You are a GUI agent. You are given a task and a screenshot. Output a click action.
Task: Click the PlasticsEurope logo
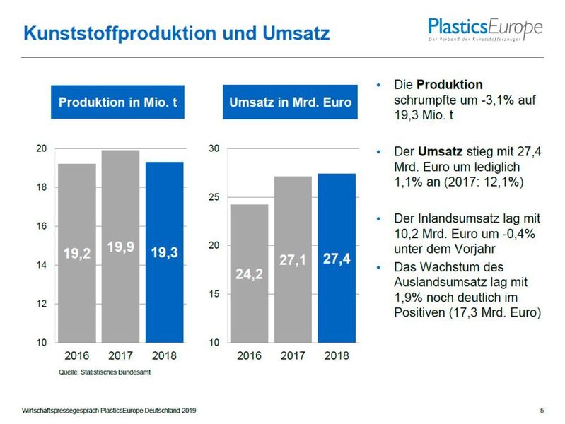pos(485,29)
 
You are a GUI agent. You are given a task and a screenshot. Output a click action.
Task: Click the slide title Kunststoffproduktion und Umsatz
pos(175,33)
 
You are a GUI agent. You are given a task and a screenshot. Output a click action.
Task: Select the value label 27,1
pos(292,260)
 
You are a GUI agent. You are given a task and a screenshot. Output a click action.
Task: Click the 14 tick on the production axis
pos(42,265)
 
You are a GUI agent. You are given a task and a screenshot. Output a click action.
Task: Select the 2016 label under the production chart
pos(76,355)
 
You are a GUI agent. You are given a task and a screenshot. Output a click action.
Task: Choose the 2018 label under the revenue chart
pos(336,355)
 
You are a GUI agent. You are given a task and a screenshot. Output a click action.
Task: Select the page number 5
pos(542,410)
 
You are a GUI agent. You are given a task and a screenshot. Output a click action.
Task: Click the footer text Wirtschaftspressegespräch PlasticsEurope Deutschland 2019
pos(109,410)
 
